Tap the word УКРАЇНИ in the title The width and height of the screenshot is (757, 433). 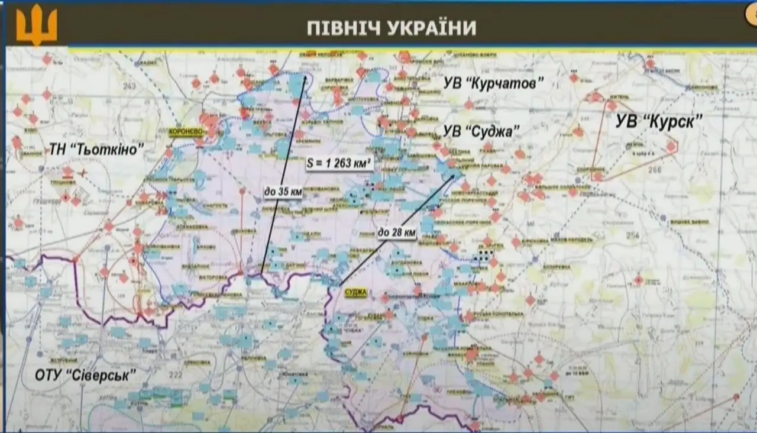[x=432, y=28]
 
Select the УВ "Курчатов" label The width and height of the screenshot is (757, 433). [x=493, y=83]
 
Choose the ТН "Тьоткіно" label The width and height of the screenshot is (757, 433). [x=96, y=150]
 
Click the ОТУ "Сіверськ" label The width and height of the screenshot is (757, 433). [x=85, y=374]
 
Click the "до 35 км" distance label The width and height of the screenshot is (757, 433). [x=283, y=191]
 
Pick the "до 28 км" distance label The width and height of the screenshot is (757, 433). [x=397, y=233]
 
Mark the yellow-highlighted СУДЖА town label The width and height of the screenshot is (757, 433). [x=356, y=293]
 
